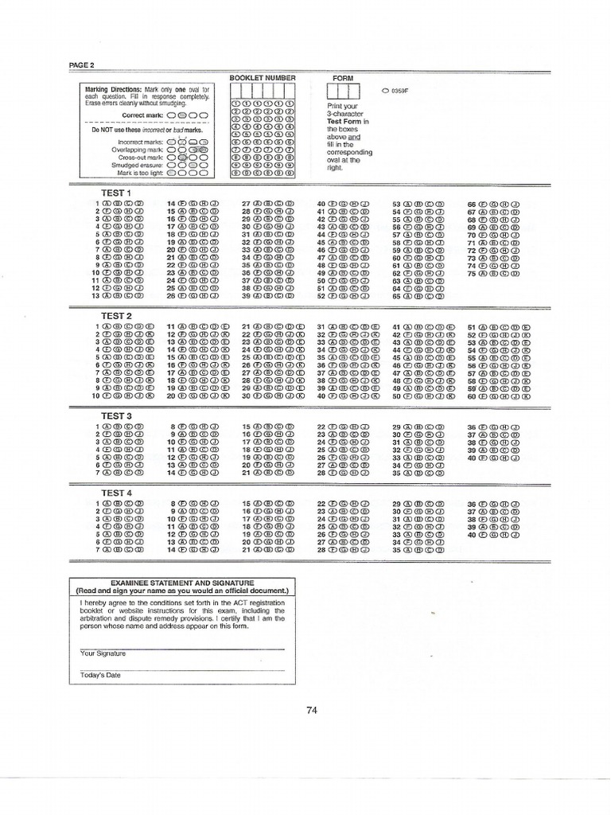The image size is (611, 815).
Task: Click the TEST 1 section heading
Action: click(x=115, y=193)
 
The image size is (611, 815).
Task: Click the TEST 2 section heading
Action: click(x=115, y=316)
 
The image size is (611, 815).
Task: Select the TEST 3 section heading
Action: click(x=115, y=416)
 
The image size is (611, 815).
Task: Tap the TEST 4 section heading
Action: click(x=115, y=493)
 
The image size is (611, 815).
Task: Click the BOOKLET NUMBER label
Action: click(x=262, y=78)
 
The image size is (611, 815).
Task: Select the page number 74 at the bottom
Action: click(x=311, y=711)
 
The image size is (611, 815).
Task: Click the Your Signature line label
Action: click(x=103, y=653)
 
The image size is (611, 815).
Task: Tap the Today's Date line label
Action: click(x=100, y=676)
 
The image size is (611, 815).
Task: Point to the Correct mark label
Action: click(x=143, y=115)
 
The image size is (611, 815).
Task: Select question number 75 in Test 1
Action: click(x=471, y=273)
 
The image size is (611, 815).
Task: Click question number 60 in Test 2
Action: click(x=471, y=395)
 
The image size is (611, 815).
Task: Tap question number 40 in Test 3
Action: click(x=471, y=458)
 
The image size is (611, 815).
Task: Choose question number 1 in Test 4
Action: click(x=99, y=505)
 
